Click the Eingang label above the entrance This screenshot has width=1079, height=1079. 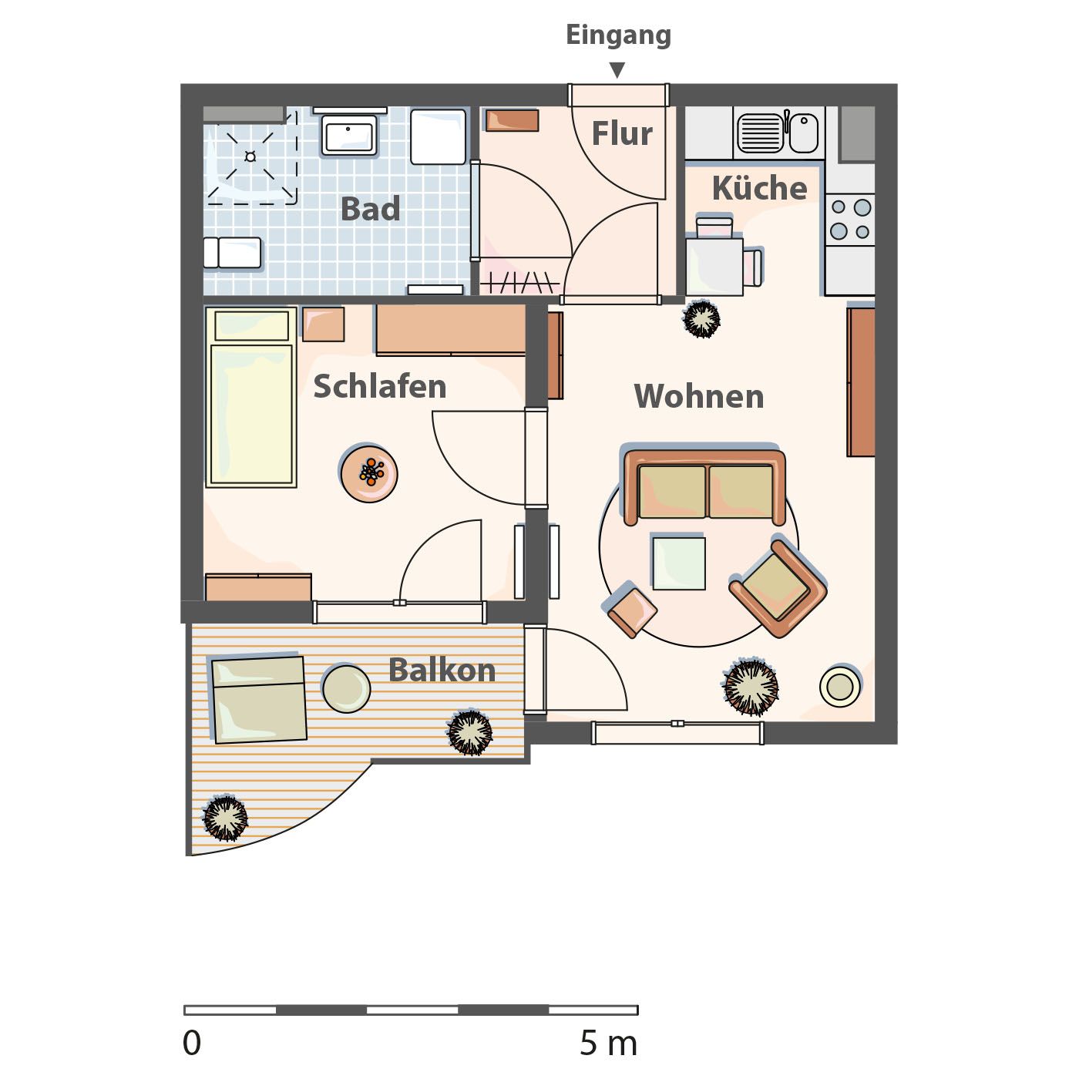618,35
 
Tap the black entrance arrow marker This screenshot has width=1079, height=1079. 617,70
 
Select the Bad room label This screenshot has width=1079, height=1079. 370,209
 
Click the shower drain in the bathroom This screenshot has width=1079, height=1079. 250,156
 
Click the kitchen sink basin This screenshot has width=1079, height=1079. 760,133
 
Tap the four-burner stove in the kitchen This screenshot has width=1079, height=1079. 850,219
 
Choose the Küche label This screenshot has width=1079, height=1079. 759,188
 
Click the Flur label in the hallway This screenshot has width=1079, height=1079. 622,134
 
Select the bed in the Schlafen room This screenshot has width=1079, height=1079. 250,396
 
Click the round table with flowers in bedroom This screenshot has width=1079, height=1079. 369,473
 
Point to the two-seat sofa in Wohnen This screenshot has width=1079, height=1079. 705,486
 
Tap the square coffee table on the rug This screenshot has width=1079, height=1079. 679,563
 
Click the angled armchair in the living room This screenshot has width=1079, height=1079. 778,587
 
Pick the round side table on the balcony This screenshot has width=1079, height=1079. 346,688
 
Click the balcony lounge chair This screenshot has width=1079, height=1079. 258,699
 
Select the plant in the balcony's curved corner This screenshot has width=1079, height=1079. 225,818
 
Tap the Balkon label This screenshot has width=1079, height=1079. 442,670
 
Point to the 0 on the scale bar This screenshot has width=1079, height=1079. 191,1044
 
